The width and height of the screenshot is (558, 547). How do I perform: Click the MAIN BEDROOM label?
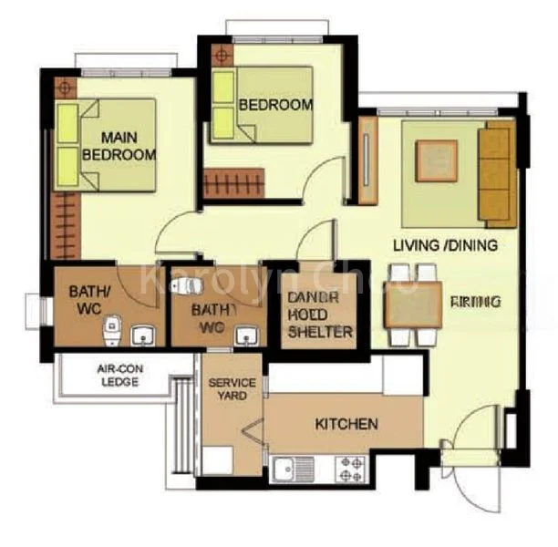coord(119,146)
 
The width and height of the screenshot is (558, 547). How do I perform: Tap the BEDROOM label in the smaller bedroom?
coord(275,105)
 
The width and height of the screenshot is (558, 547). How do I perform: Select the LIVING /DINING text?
coord(445,245)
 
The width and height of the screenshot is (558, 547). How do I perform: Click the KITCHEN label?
coord(346,424)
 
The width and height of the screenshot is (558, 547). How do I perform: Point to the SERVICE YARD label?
coord(232,389)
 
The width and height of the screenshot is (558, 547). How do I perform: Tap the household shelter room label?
coord(320,315)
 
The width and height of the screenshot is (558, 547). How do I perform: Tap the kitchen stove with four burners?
coord(352,469)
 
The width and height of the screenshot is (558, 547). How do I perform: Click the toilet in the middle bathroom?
coord(189,284)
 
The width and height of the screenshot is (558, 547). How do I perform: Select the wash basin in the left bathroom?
coord(143,335)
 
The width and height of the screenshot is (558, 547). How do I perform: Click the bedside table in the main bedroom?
coord(65,88)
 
